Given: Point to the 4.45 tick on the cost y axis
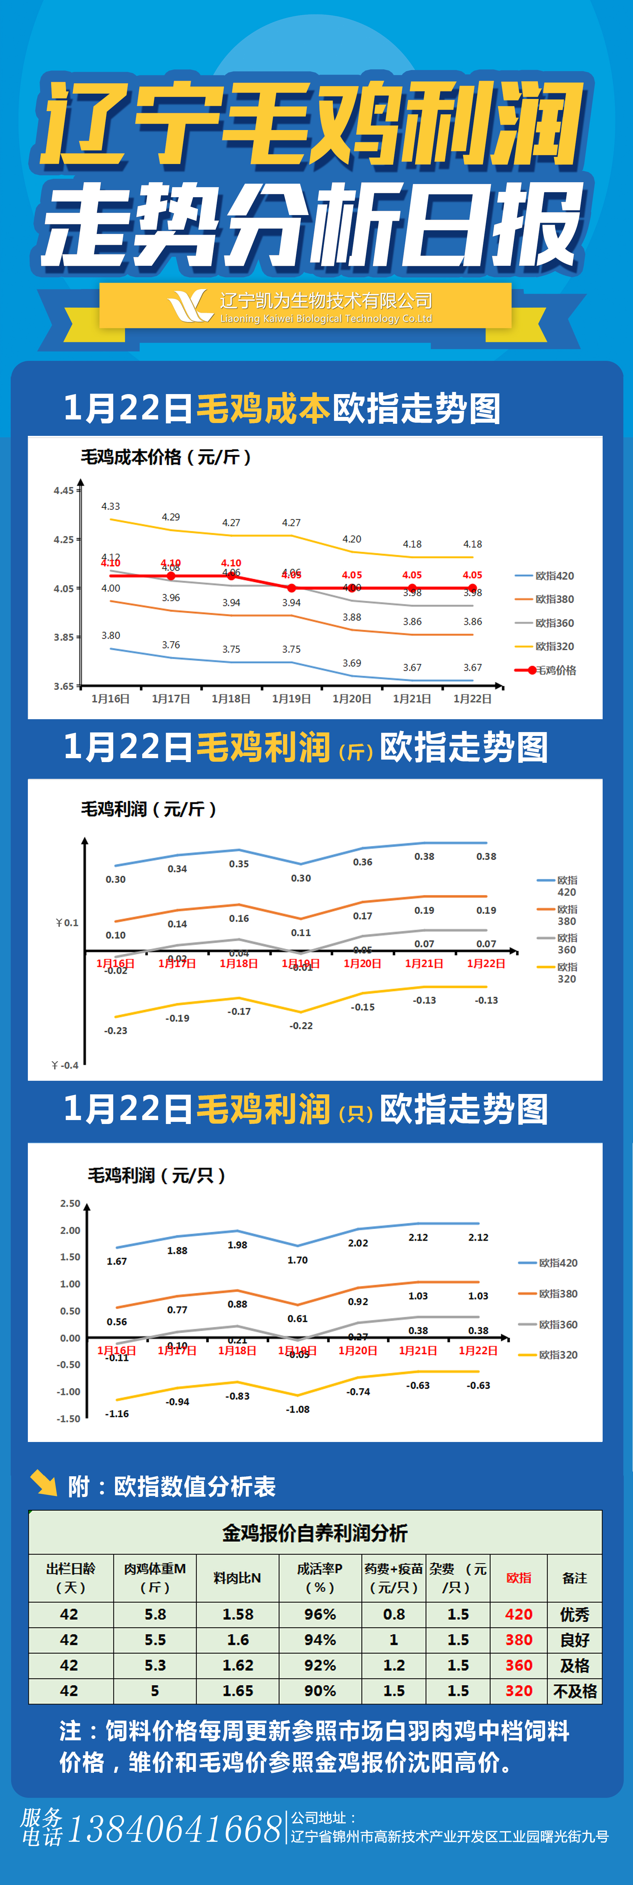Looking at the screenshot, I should tap(64, 490).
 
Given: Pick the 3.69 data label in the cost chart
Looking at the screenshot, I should tap(352, 663).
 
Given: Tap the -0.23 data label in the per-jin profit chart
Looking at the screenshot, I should tap(116, 1030).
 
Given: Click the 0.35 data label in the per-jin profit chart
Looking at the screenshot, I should tap(239, 864).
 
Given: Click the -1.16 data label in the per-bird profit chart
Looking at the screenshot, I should tap(117, 1414).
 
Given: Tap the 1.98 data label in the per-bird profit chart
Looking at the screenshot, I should tap(237, 1245).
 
